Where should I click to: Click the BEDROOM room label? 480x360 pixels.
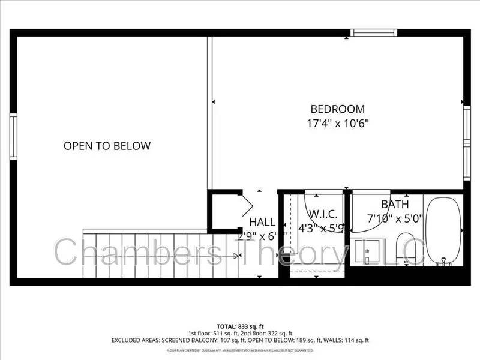(337, 109)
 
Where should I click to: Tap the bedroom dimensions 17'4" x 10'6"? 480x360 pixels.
(337, 124)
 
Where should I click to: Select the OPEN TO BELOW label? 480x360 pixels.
(107, 146)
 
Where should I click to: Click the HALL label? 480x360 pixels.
(262, 222)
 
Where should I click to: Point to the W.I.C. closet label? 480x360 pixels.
(323, 214)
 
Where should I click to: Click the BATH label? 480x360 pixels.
(395, 205)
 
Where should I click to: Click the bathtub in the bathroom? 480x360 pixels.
(444, 231)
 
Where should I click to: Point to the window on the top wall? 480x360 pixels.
(374, 32)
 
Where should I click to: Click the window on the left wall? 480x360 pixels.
(13, 137)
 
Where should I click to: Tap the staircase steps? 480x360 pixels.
(156, 255)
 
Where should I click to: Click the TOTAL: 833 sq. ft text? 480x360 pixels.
(239, 326)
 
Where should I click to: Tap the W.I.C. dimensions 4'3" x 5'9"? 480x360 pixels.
(322, 228)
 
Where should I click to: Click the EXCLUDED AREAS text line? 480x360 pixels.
(239, 340)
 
